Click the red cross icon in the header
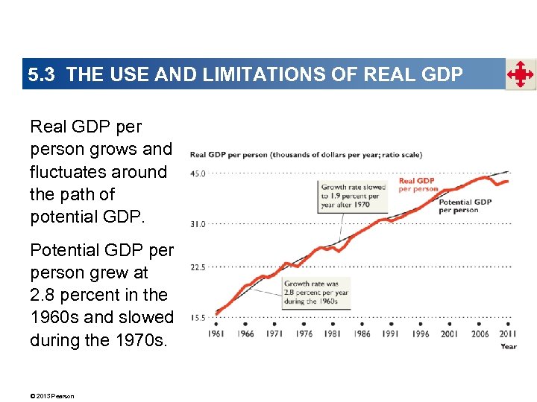[520, 74]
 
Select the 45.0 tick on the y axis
[198, 173]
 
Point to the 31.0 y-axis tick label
[198, 223]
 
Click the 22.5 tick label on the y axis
[198, 267]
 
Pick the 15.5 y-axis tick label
[198, 318]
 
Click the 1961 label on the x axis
[216, 334]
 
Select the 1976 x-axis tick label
[304, 334]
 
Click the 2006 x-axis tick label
[480, 334]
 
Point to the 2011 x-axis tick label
[507, 334]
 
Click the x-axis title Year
[509, 346]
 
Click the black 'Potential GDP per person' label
[465, 206]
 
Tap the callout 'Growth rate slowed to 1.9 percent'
[350, 196]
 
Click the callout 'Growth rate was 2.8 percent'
[315, 293]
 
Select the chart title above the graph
[306, 155]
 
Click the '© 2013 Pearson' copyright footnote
[52, 396]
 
